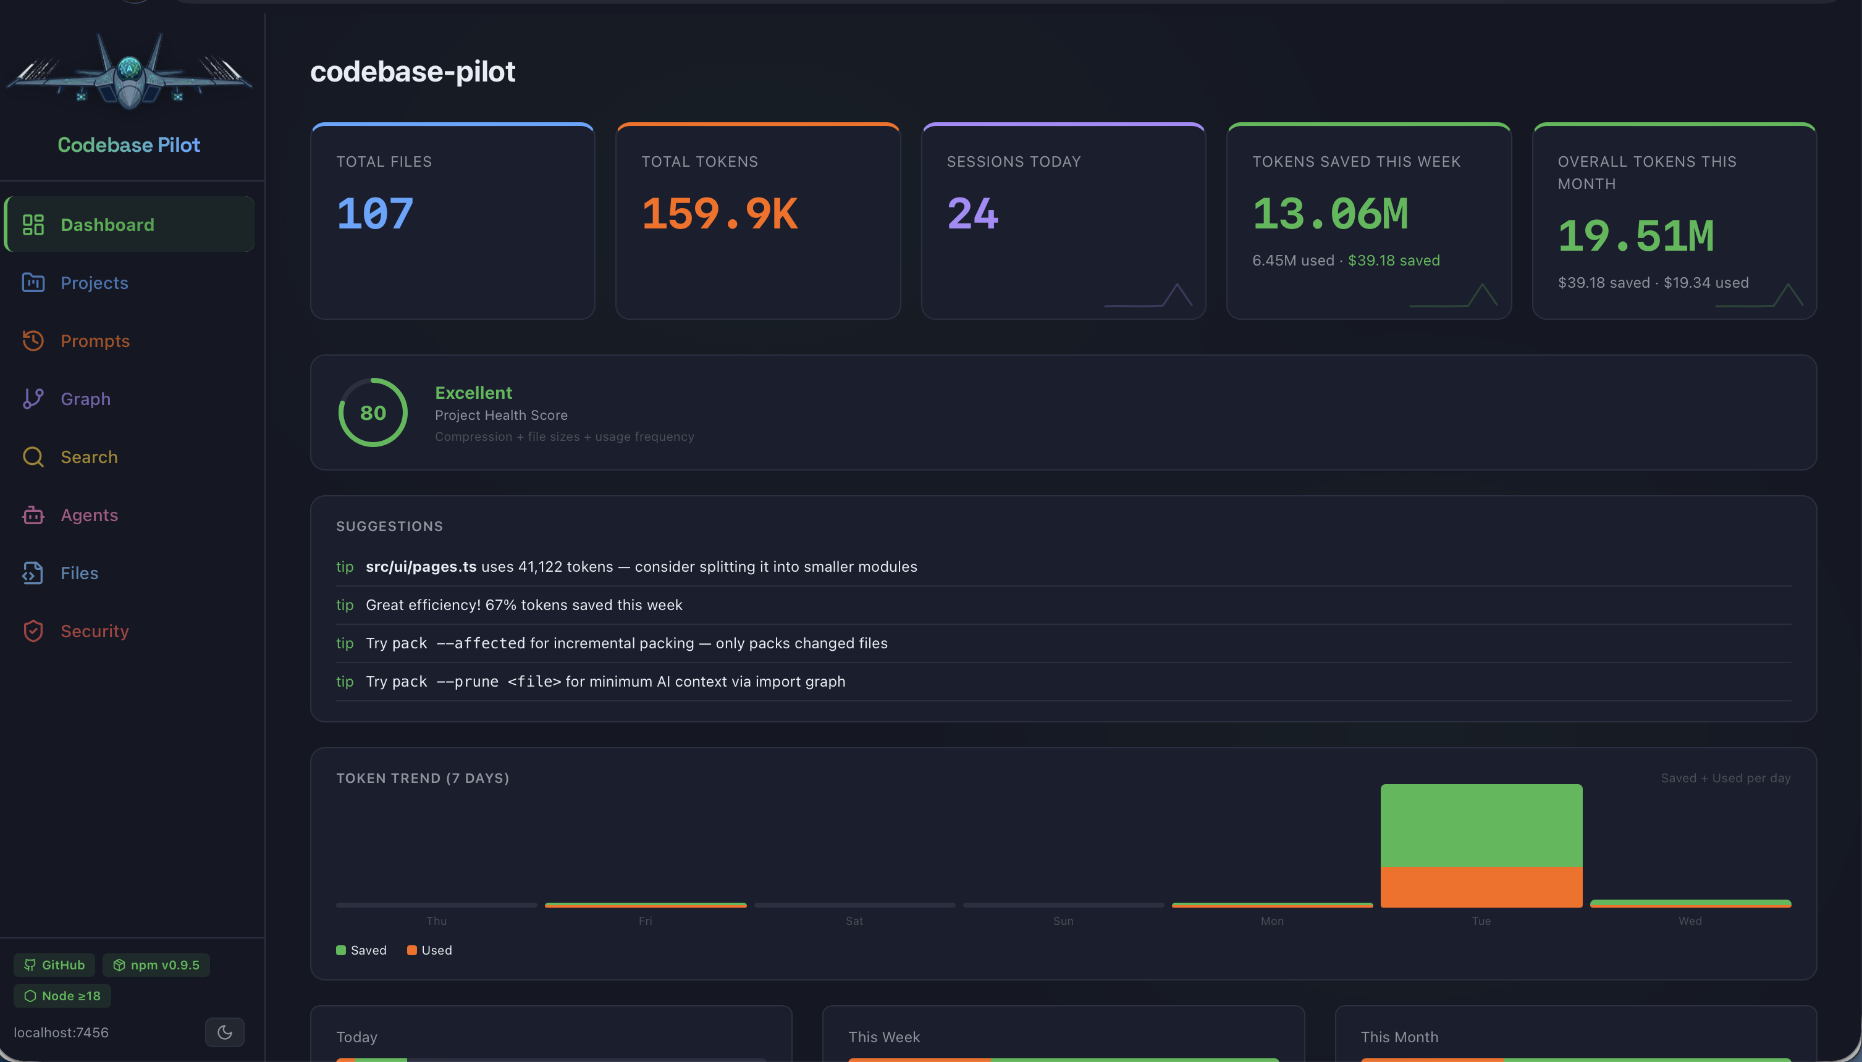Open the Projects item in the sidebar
(x=94, y=282)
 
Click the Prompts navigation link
(x=95, y=341)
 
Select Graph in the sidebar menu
(x=85, y=399)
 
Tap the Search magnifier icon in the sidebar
(x=33, y=457)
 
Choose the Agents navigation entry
(x=89, y=515)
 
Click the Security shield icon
(x=33, y=631)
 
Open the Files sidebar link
(x=79, y=574)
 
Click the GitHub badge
(x=55, y=964)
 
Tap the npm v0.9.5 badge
(x=156, y=964)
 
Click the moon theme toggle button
(x=225, y=1032)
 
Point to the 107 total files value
(x=375, y=214)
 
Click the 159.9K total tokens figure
(x=719, y=214)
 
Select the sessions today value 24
(x=972, y=214)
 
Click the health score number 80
(x=373, y=413)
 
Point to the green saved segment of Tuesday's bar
(x=1481, y=825)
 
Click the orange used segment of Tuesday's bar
(x=1481, y=886)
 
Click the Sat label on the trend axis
(x=854, y=921)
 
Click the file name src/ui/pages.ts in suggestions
(x=421, y=567)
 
